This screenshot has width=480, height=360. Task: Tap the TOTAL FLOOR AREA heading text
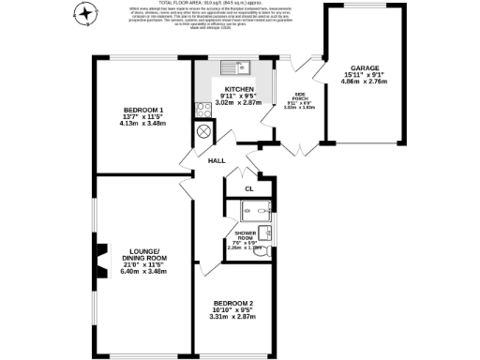coord(240,5)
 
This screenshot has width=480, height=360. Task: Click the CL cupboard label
coord(248,189)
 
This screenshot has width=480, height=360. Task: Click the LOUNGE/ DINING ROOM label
coord(143,253)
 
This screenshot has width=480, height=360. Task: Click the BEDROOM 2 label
coord(233,303)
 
